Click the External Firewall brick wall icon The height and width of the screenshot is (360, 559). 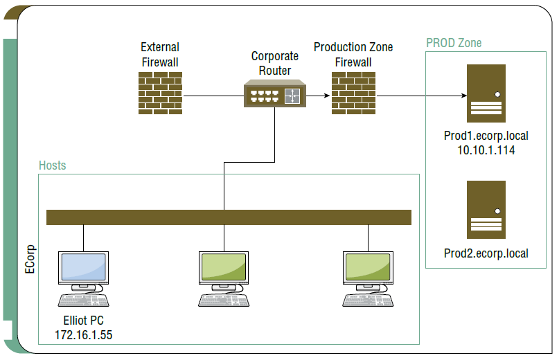[x=160, y=93]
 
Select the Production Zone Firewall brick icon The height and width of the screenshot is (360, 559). [x=353, y=93]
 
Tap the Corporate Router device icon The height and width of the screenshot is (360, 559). [x=275, y=93]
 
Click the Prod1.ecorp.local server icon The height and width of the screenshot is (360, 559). [x=486, y=93]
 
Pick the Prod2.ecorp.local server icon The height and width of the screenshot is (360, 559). [x=486, y=210]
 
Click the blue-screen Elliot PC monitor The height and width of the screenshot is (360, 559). [x=83, y=267]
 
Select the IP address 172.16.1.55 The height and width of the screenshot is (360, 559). [x=83, y=335]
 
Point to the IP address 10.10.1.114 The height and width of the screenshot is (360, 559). [x=486, y=150]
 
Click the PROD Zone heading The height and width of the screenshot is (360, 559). [x=454, y=43]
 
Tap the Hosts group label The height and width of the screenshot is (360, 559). [x=53, y=165]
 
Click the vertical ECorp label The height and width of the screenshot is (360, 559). [x=30, y=259]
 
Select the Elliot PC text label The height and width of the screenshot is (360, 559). [x=83, y=321]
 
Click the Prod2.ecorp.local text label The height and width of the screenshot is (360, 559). [x=486, y=253]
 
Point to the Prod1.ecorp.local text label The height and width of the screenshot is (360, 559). [x=486, y=136]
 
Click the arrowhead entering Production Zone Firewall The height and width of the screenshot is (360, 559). [x=327, y=96]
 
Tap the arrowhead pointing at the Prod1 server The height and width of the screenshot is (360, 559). [x=464, y=96]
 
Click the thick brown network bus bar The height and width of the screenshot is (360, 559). [x=229, y=217]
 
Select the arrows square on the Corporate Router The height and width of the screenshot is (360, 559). [x=292, y=96]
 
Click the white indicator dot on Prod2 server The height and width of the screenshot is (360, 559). [x=497, y=211]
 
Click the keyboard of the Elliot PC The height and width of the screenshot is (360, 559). [x=83, y=300]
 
